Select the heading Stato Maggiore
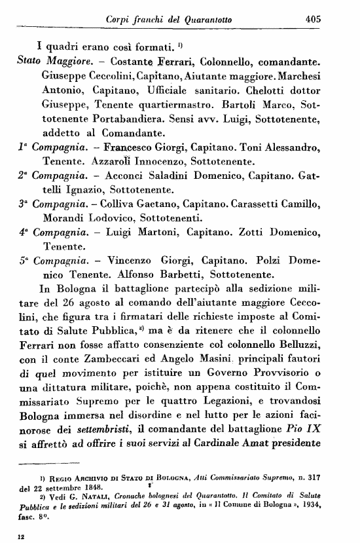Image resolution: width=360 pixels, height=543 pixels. pyautogui.click(x=50, y=62)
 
